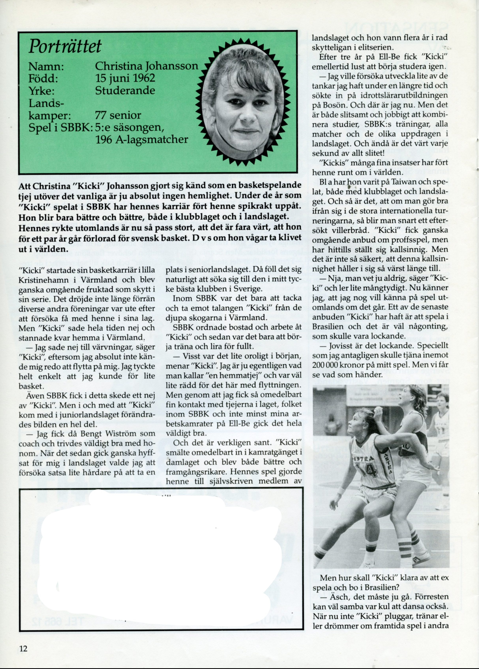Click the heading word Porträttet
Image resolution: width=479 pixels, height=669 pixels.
click(x=65, y=47)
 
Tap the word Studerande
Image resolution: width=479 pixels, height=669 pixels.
click(x=125, y=90)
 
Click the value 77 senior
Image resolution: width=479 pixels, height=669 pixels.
click(x=118, y=115)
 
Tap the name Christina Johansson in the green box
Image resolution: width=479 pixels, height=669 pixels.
click(x=146, y=66)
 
